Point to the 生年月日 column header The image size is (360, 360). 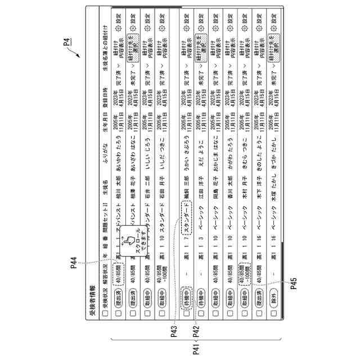point(105,123)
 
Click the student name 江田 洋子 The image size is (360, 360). point(201,189)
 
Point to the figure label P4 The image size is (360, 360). point(67,40)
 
